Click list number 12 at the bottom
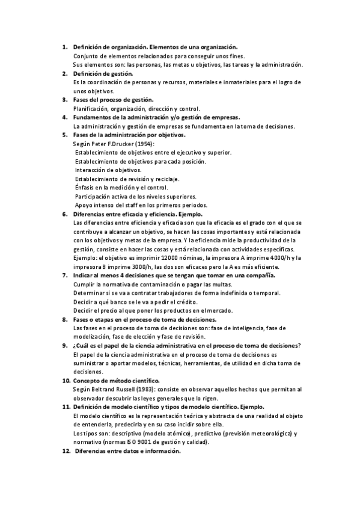tap(66, 451)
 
